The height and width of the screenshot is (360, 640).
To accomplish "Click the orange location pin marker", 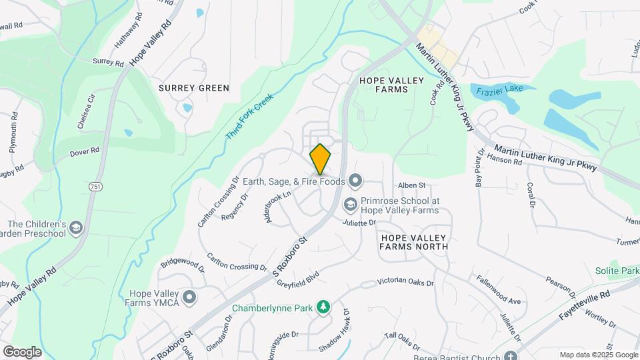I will tap(321, 159).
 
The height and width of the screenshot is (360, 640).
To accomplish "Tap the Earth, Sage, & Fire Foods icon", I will tap(355, 181).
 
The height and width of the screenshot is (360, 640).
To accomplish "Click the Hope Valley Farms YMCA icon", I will tap(190, 297).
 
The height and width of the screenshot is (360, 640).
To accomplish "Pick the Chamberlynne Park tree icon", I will tap(323, 307).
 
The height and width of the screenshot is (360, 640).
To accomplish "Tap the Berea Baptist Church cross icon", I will tap(511, 356).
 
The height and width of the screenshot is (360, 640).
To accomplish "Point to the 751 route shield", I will tap(96, 187).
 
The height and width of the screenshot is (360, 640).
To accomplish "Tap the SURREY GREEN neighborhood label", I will tap(194, 88).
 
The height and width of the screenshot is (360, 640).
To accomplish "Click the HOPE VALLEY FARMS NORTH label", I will tap(413, 241).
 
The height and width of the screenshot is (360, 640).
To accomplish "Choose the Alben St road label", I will tap(411, 185).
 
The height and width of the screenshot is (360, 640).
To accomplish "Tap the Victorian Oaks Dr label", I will tap(405, 283).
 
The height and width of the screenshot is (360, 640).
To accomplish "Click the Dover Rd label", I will tap(84, 153).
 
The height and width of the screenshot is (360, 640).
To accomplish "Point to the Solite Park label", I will tap(617, 271).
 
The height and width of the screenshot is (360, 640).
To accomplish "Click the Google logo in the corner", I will tap(22, 352).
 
